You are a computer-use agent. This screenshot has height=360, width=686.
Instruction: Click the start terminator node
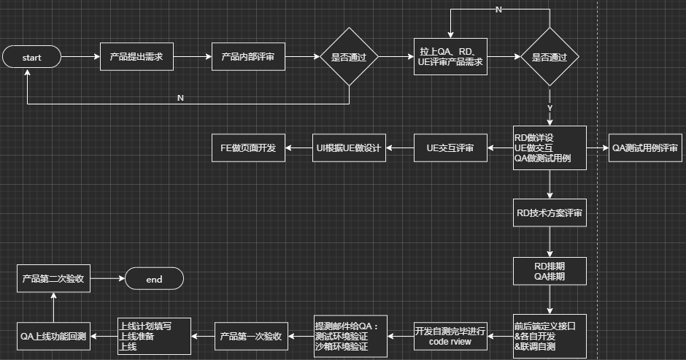click(x=31, y=57)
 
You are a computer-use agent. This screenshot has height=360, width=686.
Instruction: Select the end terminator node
click(x=154, y=279)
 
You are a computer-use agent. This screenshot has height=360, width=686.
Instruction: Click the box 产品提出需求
click(x=136, y=57)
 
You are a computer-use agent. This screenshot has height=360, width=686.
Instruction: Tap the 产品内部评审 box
click(x=248, y=57)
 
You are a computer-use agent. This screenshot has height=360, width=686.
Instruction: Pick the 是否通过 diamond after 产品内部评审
click(x=349, y=57)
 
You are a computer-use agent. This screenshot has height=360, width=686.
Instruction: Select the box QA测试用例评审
click(x=645, y=148)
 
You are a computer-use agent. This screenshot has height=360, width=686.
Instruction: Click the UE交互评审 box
click(x=450, y=148)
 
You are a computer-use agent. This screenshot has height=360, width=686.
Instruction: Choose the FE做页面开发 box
click(x=248, y=148)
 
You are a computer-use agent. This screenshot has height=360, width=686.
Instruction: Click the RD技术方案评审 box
click(x=550, y=213)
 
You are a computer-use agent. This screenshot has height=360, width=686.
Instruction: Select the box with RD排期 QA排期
click(x=550, y=272)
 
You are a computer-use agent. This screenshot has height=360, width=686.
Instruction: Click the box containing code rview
click(x=450, y=336)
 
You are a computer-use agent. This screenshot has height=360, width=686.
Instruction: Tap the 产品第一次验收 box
click(x=250, y=336)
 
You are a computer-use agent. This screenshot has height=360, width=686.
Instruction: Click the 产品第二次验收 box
click(x=52, y=279)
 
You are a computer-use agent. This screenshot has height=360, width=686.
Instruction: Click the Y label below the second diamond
click(x=550, y=108)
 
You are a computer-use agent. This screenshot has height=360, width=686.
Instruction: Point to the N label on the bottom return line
click(x=180, y=98)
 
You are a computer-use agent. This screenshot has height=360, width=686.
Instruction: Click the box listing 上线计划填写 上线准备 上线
click(x=154, y=336)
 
